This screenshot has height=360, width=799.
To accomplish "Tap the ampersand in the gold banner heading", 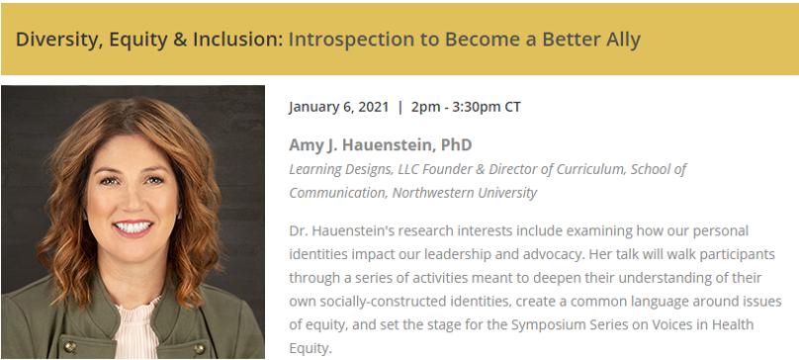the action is tap(180, 40).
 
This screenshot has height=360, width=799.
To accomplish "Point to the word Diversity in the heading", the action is tap(54, 40).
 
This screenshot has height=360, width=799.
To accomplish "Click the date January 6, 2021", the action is tap(338, 107).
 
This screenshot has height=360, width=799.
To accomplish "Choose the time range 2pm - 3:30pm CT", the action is tap(467, 107).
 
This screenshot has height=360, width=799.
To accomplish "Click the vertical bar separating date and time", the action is tap(400, 107).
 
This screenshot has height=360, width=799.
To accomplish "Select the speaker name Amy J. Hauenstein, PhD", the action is tap(380, 144).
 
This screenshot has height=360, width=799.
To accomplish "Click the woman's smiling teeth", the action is tap(133, 226).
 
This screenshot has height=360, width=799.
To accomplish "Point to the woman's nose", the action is tap(133, 196).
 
